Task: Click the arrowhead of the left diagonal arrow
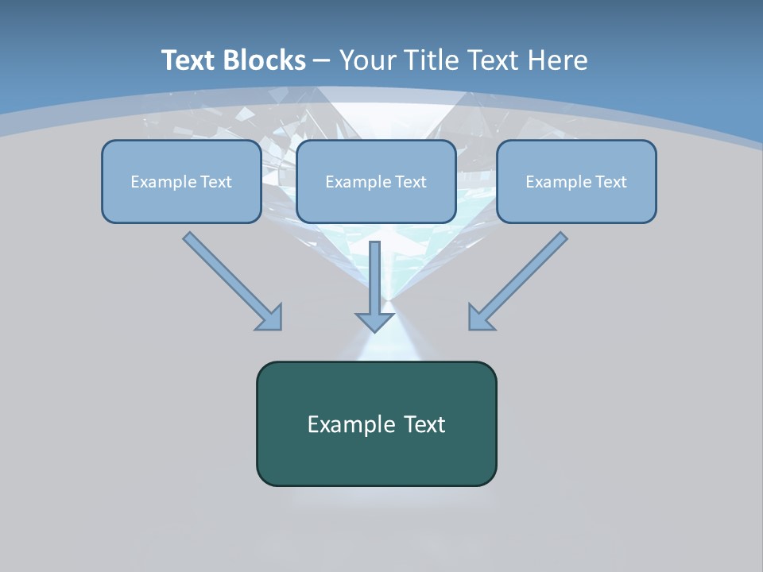tap(270, 318)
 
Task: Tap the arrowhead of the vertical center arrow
tap(374, 322)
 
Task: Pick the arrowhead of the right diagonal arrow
tap(482, 318)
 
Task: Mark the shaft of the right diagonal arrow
tap(529, 270)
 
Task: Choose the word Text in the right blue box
tap(610, 182)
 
